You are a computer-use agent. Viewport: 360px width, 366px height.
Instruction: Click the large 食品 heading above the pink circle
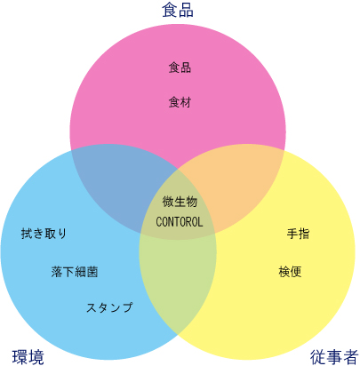[178, 10]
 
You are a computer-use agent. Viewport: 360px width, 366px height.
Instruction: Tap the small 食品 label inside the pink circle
[180, 68]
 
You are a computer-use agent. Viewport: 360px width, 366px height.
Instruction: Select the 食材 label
[180, 102]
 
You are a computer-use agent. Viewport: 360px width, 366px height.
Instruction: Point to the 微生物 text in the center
[180, 202]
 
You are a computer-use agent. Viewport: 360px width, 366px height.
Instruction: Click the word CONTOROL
[180, 222]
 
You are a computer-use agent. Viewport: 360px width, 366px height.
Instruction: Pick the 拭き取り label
[44, 234]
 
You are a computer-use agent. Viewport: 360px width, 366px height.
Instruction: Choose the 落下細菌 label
[75, 272]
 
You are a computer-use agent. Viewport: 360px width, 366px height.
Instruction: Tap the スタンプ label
[109, 307]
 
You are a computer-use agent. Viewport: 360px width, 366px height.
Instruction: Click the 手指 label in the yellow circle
[298, 234]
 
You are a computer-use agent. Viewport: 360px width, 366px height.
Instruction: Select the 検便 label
[290, 272]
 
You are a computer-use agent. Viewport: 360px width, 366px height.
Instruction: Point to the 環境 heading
[28, 357]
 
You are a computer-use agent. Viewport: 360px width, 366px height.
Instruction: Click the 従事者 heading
[334, 357]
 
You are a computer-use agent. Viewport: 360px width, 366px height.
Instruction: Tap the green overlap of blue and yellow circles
[178, 282]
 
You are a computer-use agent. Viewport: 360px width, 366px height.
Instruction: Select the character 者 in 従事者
[351, 357]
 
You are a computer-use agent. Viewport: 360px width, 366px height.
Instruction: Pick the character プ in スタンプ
[127, 307]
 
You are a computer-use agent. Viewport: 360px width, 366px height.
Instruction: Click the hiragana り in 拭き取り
[62, 234]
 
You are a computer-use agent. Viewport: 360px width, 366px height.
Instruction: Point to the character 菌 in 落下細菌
[92, 272]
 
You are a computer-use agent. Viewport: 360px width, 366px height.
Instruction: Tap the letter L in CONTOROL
[200, 222]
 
